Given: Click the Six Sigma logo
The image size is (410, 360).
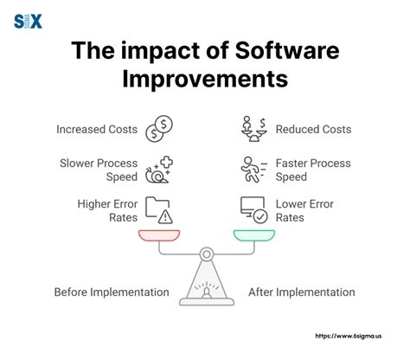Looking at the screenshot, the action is [x=28, y=22].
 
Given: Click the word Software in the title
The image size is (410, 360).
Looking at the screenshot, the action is [x=287, y=50].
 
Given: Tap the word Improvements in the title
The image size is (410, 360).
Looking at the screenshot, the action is [x=205, y=79].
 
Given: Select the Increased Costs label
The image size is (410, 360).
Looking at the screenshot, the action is [x=97, y=129].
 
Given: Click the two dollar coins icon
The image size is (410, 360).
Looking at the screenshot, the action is [x=159, y=129].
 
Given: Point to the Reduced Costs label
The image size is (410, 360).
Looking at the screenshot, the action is [x=313, y=129].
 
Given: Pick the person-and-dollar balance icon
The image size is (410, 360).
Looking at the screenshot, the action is [x=254, y=129].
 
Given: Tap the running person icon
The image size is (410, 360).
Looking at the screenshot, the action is [x=253, y=170].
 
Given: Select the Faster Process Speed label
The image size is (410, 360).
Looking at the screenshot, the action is [x=313, y=170].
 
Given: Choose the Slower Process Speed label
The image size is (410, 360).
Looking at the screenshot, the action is [x=99, y=170].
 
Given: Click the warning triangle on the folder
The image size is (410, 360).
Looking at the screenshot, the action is [x=165, y=217].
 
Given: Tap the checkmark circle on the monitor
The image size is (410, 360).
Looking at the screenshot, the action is [x=260, y=216].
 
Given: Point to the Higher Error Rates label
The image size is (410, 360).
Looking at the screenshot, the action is [x=107, y=210].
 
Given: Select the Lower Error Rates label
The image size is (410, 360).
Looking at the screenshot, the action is [x=304, y=210].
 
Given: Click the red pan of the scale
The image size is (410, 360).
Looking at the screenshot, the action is [x=159, y=235].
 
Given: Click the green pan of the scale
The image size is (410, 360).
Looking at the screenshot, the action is [x=254, y=235].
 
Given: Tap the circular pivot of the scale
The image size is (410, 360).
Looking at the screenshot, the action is [x=207, y=254].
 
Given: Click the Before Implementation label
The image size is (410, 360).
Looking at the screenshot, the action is [x=112, y=292].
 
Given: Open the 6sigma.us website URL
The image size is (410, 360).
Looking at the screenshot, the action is [x=349, y=336].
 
